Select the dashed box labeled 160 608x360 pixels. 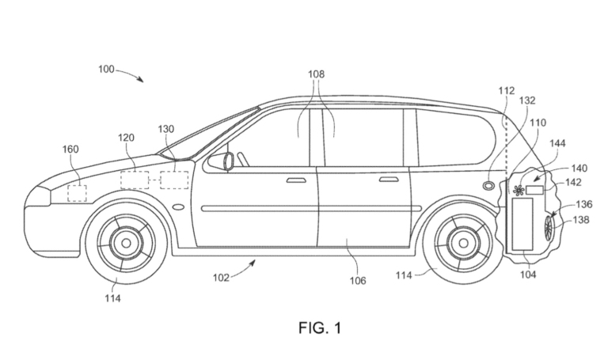[78, 191]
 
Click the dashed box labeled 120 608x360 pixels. [134, 180]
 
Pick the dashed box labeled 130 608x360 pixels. [174, 180]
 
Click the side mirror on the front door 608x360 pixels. [220, 161]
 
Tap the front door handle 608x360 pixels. [296, 180]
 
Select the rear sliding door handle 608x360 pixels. [388, 180]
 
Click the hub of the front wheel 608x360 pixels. [125, 242]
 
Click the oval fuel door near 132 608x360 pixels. [490, 185]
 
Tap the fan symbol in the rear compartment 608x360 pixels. [519, 190]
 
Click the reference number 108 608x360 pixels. [317, 74]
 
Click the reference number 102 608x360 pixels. [221, 278]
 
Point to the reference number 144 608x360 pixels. [557, 143]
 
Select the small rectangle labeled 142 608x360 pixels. [536, 189]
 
